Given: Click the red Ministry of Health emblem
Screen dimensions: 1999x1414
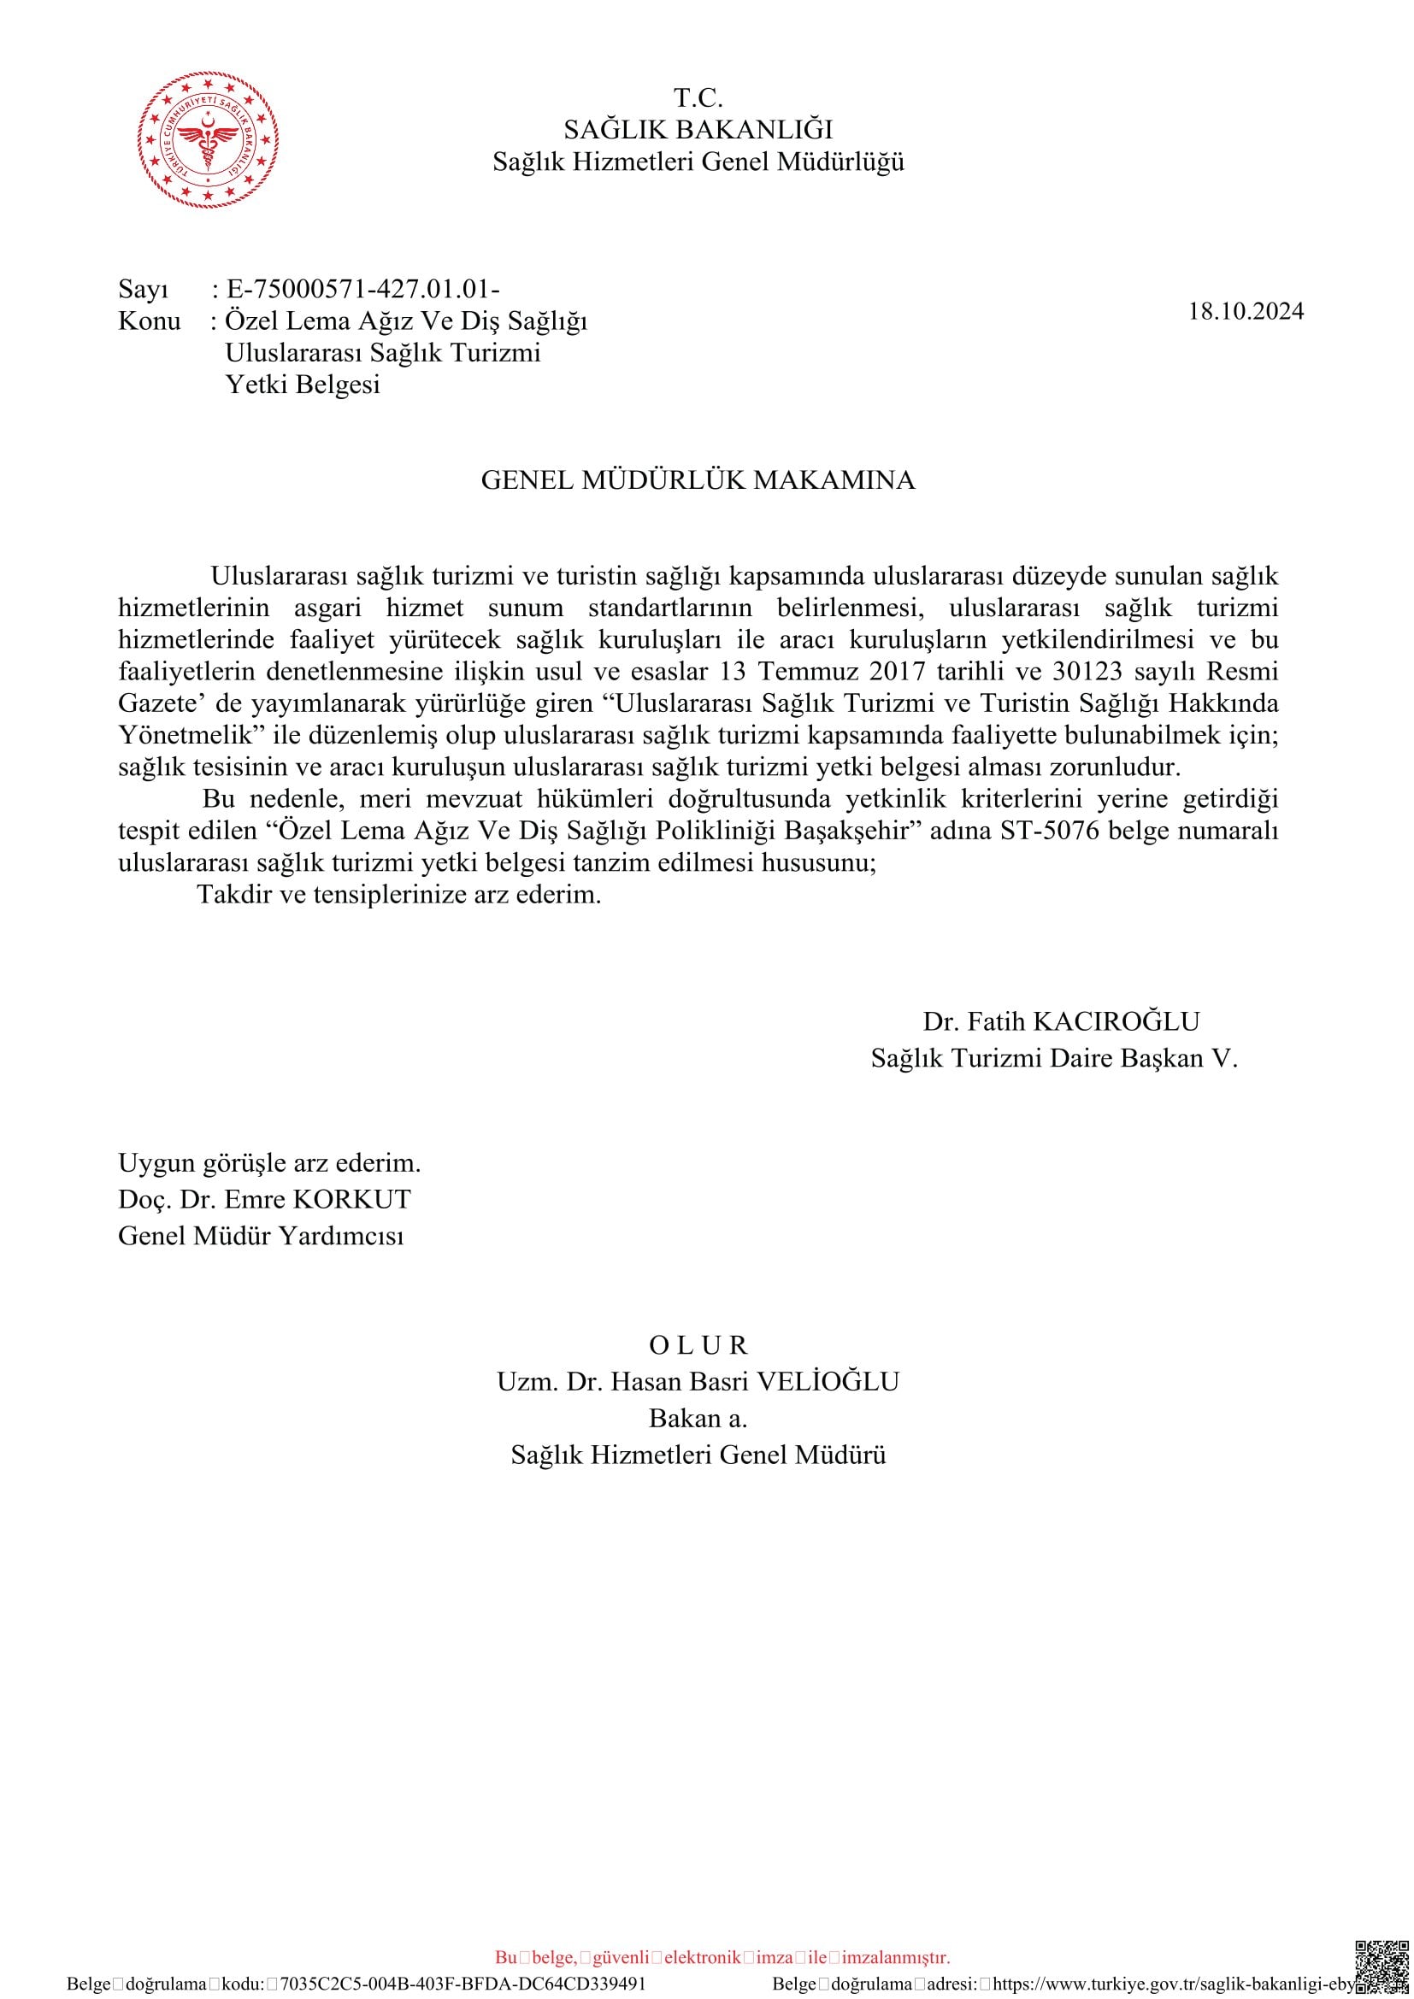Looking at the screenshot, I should click(209, 140).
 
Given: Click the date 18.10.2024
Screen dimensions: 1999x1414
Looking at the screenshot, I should click(1246, 312).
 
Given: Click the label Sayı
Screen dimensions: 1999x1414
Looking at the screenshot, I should click(144, 289).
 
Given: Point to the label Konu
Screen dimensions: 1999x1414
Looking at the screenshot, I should click(149, 321).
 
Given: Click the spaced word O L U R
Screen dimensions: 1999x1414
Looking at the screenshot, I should click(698, 1345).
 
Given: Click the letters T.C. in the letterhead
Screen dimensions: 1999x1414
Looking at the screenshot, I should click(698, 97).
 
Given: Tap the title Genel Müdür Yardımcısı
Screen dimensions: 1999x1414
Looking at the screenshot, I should click(262, 1237).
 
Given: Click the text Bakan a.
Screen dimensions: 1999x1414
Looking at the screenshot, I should click(698, 1419).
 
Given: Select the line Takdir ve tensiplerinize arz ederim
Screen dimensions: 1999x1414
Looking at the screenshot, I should click(399, 894).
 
